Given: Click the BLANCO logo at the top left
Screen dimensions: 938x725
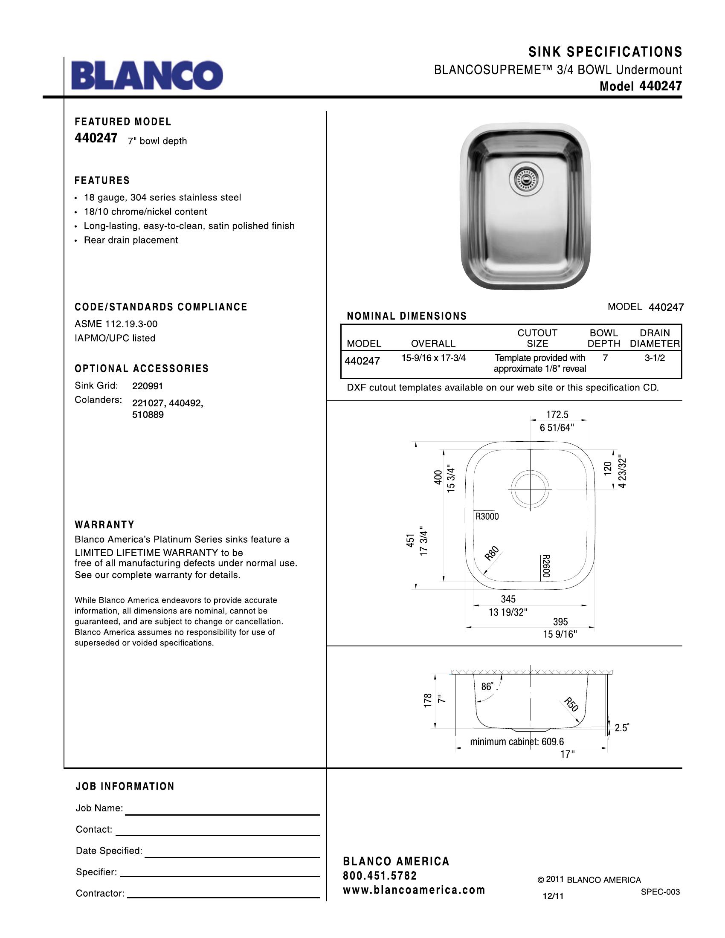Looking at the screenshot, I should point(147,75).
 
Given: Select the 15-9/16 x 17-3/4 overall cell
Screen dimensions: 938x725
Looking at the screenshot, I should point(433,358).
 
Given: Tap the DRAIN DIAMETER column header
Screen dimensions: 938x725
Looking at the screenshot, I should point(655,338).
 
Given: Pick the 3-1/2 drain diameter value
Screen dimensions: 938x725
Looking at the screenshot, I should point(655,358).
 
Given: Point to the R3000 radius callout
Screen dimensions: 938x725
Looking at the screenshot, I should point(487,517).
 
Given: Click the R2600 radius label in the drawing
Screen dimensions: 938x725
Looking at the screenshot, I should point(545,566).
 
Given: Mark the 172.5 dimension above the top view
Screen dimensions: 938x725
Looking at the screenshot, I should point(557,414).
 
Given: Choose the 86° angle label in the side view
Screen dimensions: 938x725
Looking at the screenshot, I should point(487,686).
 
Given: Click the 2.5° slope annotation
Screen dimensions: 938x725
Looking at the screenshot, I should point(621,727).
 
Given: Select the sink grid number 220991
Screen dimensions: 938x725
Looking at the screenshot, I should point(147,386).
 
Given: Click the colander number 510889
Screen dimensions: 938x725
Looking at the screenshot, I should point(148,415).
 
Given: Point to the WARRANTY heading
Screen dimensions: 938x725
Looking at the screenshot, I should point(104,524).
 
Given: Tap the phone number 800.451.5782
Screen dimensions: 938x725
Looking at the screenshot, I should point(380,875).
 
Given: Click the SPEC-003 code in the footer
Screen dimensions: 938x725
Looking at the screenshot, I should point(660,892).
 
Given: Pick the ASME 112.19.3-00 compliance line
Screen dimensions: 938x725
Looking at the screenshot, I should point(113,324).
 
